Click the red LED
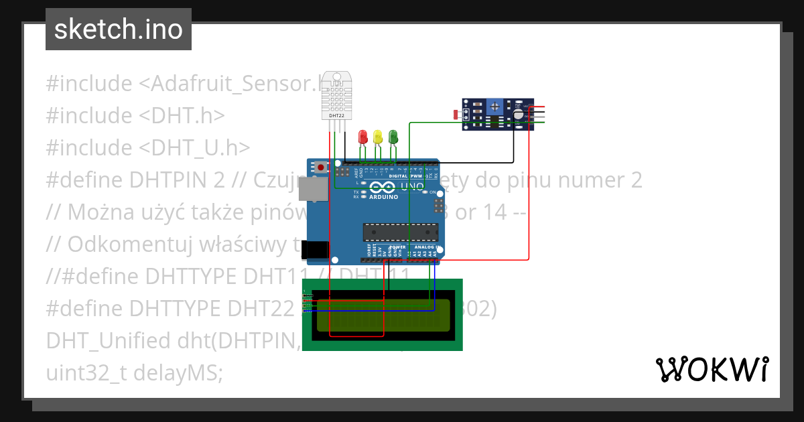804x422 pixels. click(x=363, y=137)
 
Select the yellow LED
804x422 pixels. click(x=378, y=137)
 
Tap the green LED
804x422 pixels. click(x=393, y=136)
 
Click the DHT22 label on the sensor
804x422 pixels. click(x=336, y=115)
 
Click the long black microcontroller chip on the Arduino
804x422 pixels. click(x=401, y=232)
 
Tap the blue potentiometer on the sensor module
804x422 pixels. click(x=494, y=106)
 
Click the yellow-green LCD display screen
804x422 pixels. click(x=383, y=315)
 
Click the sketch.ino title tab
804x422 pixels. click(x=119, y=29)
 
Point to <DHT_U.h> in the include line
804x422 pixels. click(x=194, y=147)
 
